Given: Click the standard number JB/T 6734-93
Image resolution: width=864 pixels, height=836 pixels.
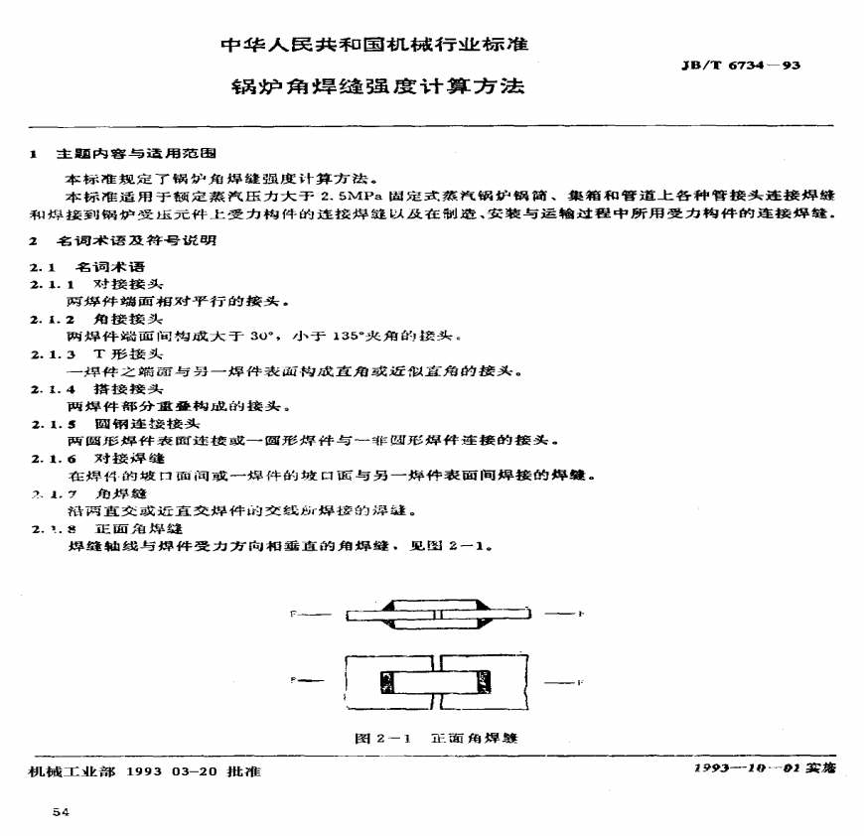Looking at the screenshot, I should pyautogui.click(x=740, y=66).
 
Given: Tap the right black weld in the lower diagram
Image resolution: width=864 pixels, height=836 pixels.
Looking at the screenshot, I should pyautogui.click(x=485, y=682).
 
